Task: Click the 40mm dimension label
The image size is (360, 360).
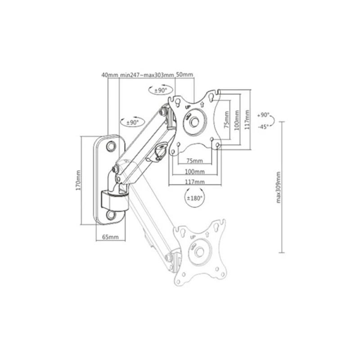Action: (110, 75)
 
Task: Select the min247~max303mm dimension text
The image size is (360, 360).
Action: (147, 75)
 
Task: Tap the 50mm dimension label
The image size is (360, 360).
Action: (184, 74)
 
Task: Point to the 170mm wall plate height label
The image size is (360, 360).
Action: (78, 180)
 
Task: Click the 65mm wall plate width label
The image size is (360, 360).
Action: (110, 237)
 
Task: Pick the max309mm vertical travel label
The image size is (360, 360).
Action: (278, 187)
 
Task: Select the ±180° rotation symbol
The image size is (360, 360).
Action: (194, 198)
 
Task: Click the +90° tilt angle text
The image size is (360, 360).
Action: (263, 115)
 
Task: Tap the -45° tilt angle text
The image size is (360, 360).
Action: (263, 126)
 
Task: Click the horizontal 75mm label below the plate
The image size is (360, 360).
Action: (194, 161)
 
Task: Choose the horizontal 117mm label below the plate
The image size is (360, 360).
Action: (195, 182)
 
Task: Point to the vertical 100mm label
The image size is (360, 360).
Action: (237, 120)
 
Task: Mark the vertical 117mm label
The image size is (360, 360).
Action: (247, 120)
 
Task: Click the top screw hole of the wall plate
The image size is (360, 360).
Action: (111, 145)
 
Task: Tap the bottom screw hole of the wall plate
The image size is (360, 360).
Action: (111, 215)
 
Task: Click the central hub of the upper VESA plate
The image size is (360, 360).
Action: (195, 121)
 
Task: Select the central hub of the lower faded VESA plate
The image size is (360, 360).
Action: (199, 252)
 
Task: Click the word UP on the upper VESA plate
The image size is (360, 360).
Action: (188, 107)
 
